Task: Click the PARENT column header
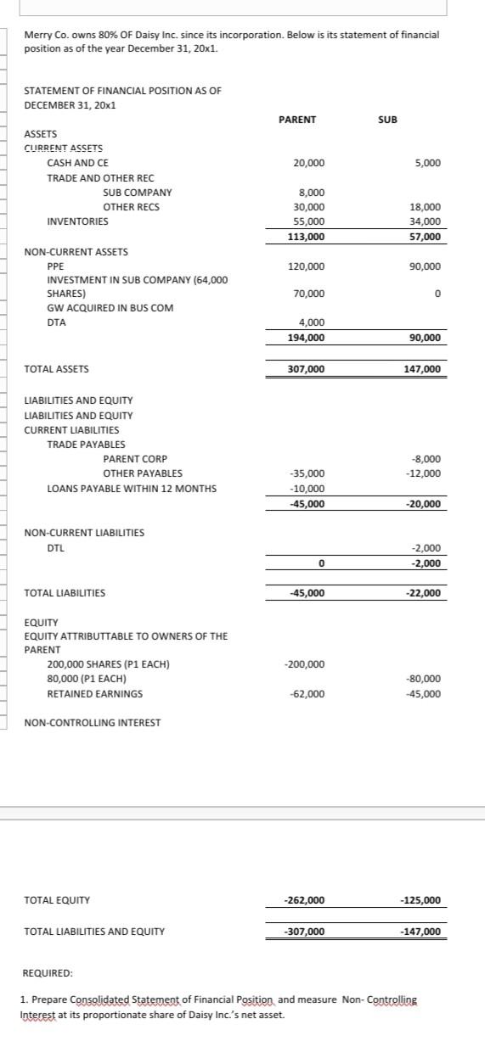click(x=296, y=120)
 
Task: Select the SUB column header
click(x=386, y=120)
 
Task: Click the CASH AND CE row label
click(x=77, y=163)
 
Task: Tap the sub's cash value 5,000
click(x=427, y=163)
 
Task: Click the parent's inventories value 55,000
click(x=308, y=222)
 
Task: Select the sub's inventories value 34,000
click(x=425, y=222)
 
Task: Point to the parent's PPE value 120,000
click(x=307, y=266)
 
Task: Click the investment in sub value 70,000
click(x=309, y=294)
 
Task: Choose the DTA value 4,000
click(x=311, y=322)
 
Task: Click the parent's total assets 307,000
click(x=307, y=369)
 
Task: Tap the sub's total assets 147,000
click(x=422, y=369)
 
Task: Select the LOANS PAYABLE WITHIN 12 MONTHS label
click(x=132, y=488)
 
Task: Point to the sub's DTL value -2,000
click(x=426, y=548)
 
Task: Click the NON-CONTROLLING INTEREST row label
click(x=93, y=722)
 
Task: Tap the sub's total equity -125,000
click(x=422, y=900)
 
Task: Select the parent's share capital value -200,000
click(x=305, y=663)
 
